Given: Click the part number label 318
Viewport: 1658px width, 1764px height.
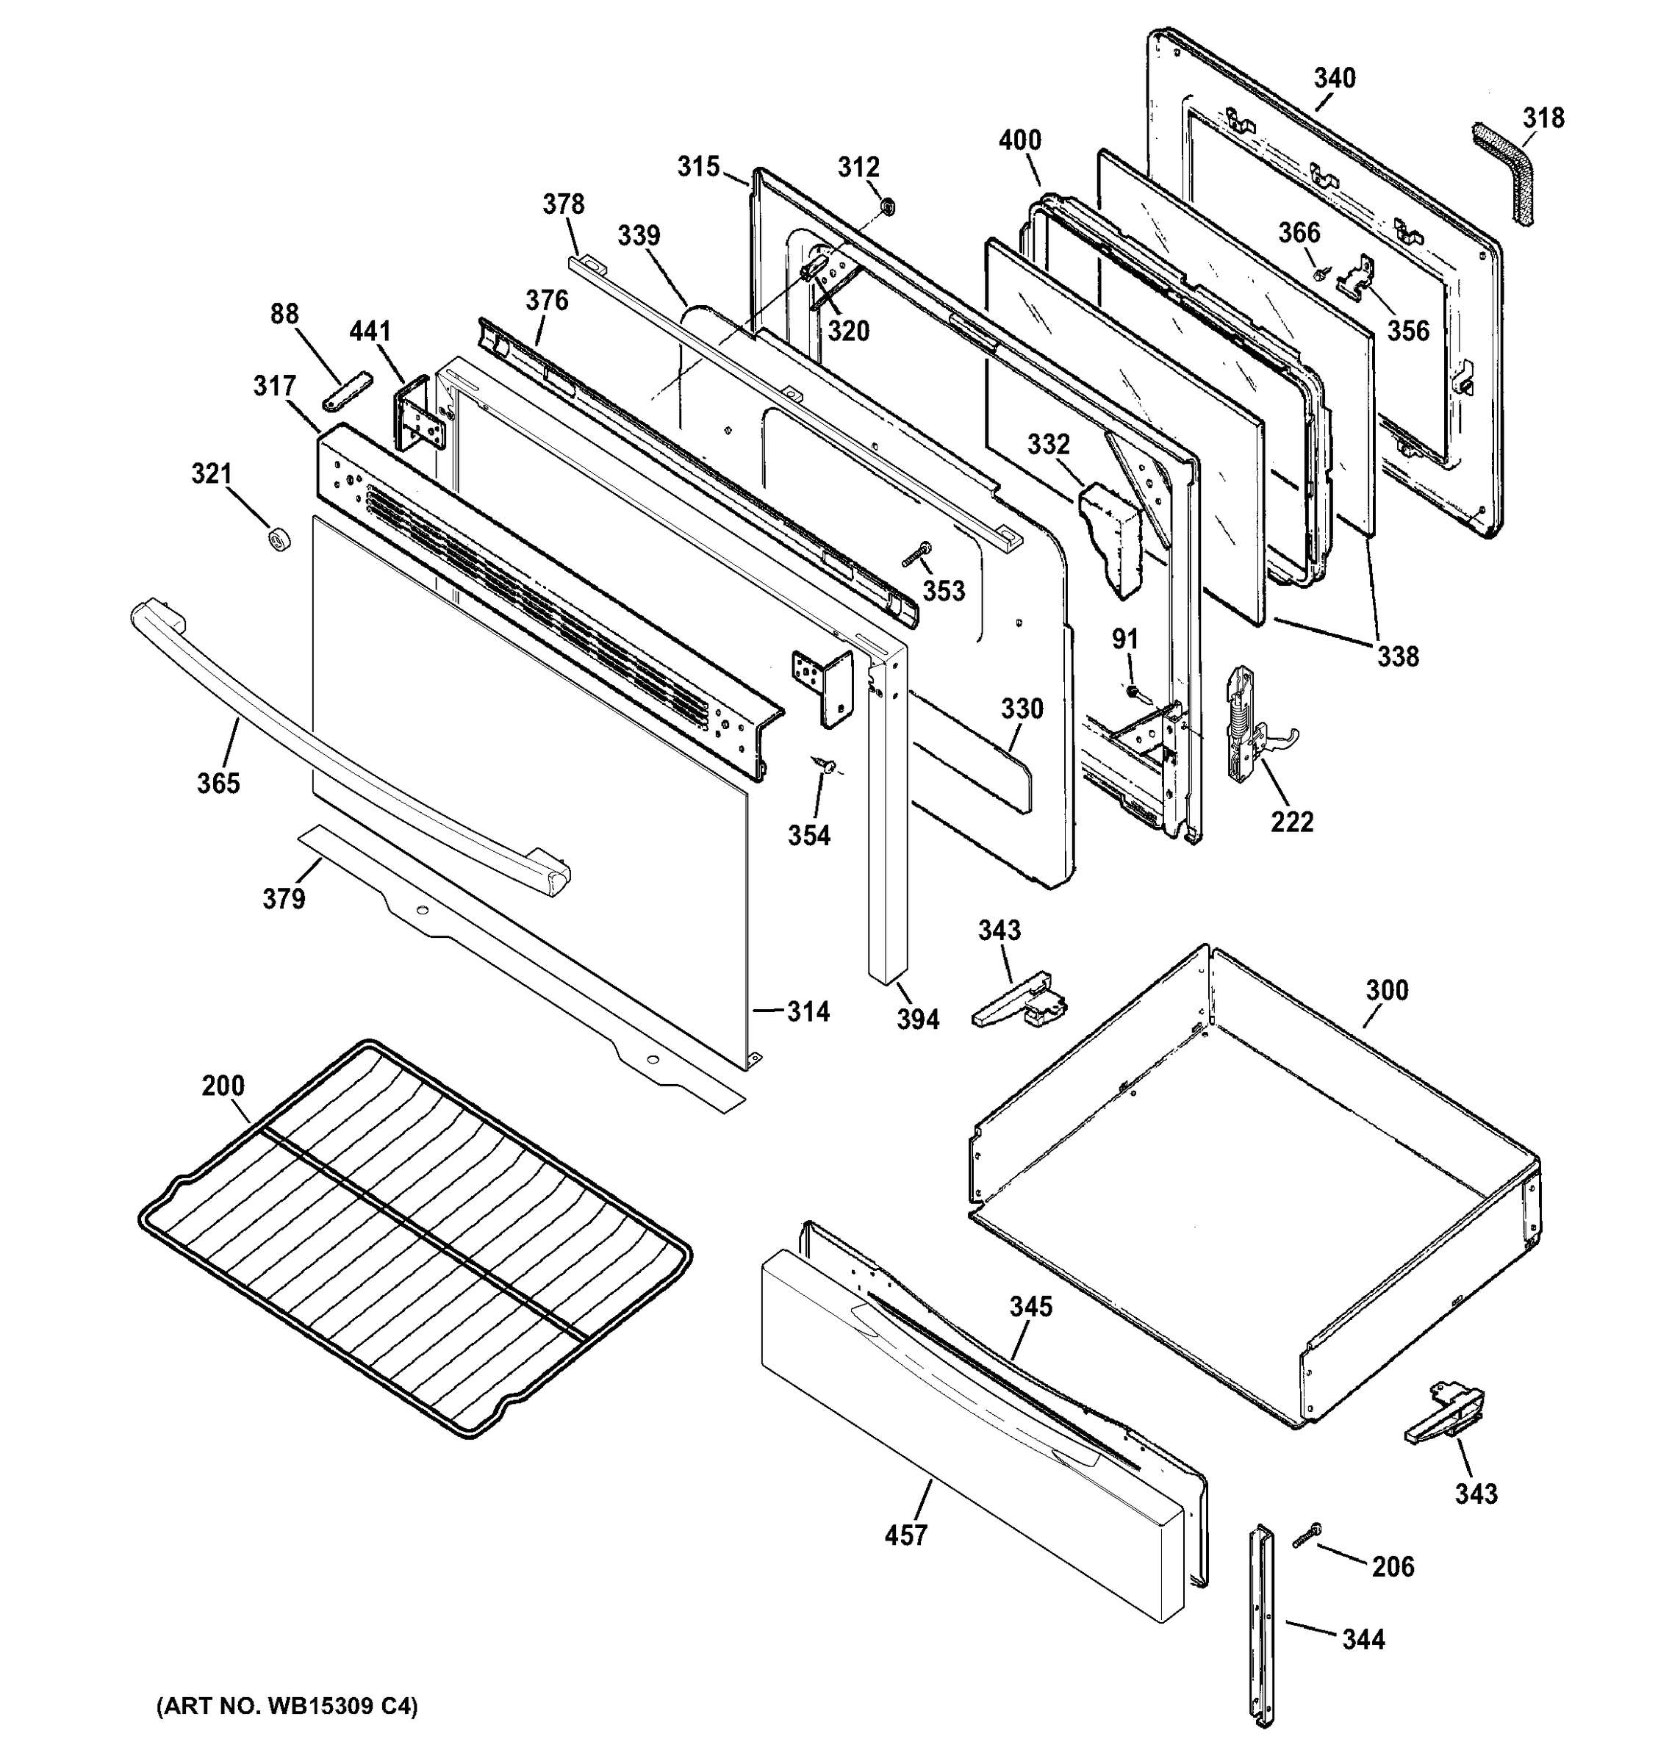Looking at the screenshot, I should point(1543,118).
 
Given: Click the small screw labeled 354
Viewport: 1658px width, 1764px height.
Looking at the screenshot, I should point(827,763).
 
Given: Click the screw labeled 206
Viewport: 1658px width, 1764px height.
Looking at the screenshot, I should point(1307,1536).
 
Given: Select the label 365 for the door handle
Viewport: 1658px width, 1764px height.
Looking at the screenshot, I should point(218,783).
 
